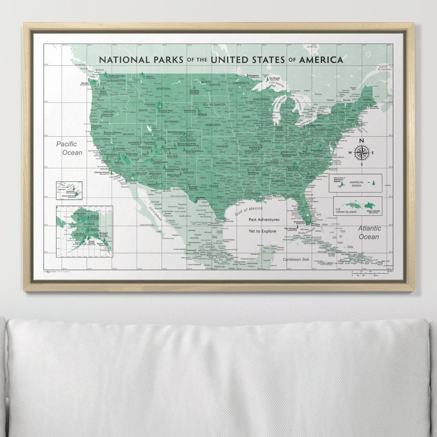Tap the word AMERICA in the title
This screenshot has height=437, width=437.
pos(321,60)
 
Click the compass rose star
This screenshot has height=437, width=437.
pos(361,152)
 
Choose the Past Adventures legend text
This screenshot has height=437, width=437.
pos(264,220)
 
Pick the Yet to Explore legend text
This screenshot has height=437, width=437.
pos(262,231)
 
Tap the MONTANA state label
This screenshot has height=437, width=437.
pos(163,89)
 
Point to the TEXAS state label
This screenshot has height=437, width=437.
pos(213,186)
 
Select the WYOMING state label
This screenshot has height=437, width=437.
pos(171,121)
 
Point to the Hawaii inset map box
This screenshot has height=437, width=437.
pos(68,190)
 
